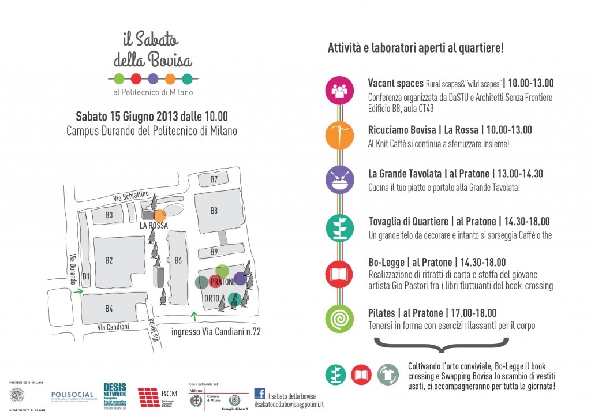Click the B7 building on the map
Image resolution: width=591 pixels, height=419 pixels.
[x=214, y=179]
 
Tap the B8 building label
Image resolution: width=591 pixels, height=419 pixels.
[x=214, y=211]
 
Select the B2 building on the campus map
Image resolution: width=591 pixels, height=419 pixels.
[x=109, y=260]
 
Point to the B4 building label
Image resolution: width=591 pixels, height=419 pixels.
[x=109, y=309]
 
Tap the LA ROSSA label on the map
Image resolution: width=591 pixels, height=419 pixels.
[x=154, y=226]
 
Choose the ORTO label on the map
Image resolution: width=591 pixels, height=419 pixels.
[x=211, y=298]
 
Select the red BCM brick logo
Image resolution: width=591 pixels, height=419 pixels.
[x=149, y=397]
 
